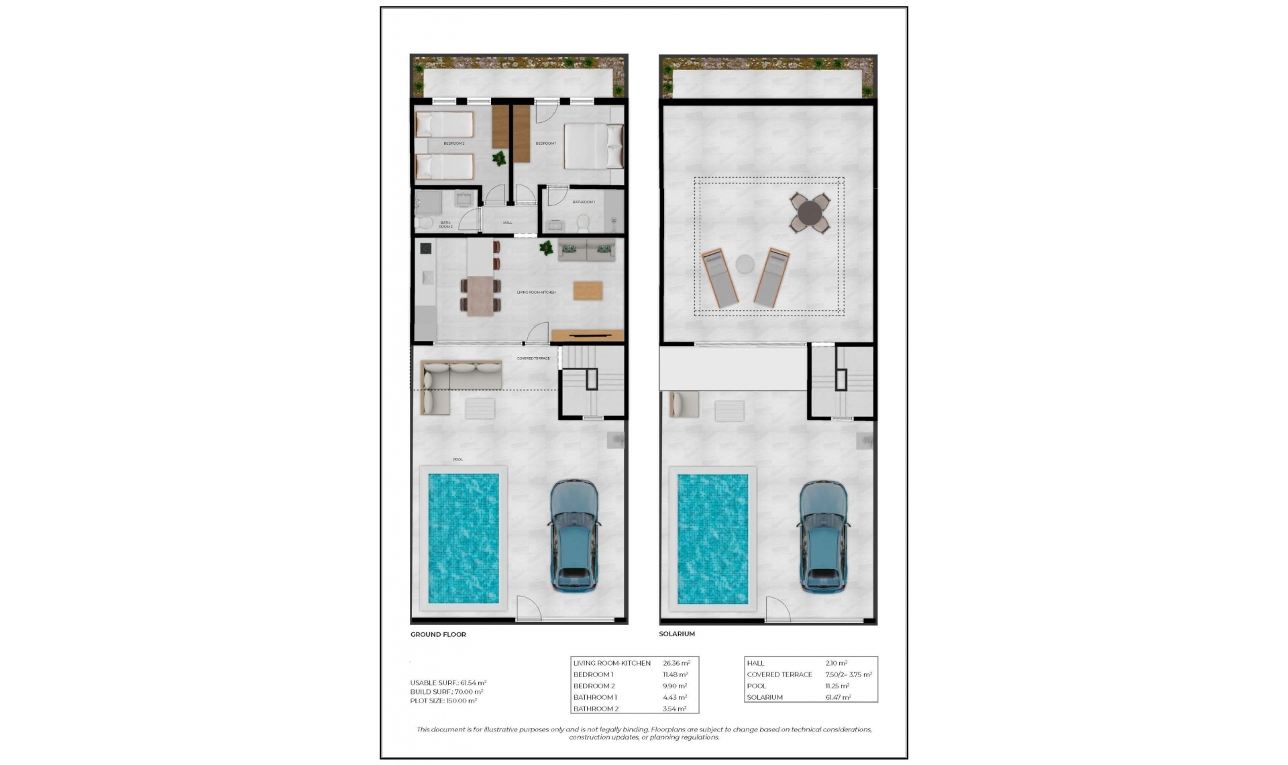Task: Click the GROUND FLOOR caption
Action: (438, 634)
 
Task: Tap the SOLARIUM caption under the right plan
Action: (676, 634)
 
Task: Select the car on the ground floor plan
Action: (574, 535)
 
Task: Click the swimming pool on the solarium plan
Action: (712, 539)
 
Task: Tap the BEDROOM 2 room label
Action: (453, 144)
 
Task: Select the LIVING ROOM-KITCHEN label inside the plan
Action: (536, 293)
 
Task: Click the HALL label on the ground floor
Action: (507, 223)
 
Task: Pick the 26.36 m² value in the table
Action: (676, 663)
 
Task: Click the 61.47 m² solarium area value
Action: (839, 697)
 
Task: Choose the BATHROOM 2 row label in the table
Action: (596, 709)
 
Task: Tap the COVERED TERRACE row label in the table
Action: (779, 674)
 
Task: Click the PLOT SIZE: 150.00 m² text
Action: (443, 701)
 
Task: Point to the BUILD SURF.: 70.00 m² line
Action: (446, 692)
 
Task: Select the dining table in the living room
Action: (480, 295)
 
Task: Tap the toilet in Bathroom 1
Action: (582, 221)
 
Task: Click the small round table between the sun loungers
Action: (745, 264)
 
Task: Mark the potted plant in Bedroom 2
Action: (499, 159)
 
